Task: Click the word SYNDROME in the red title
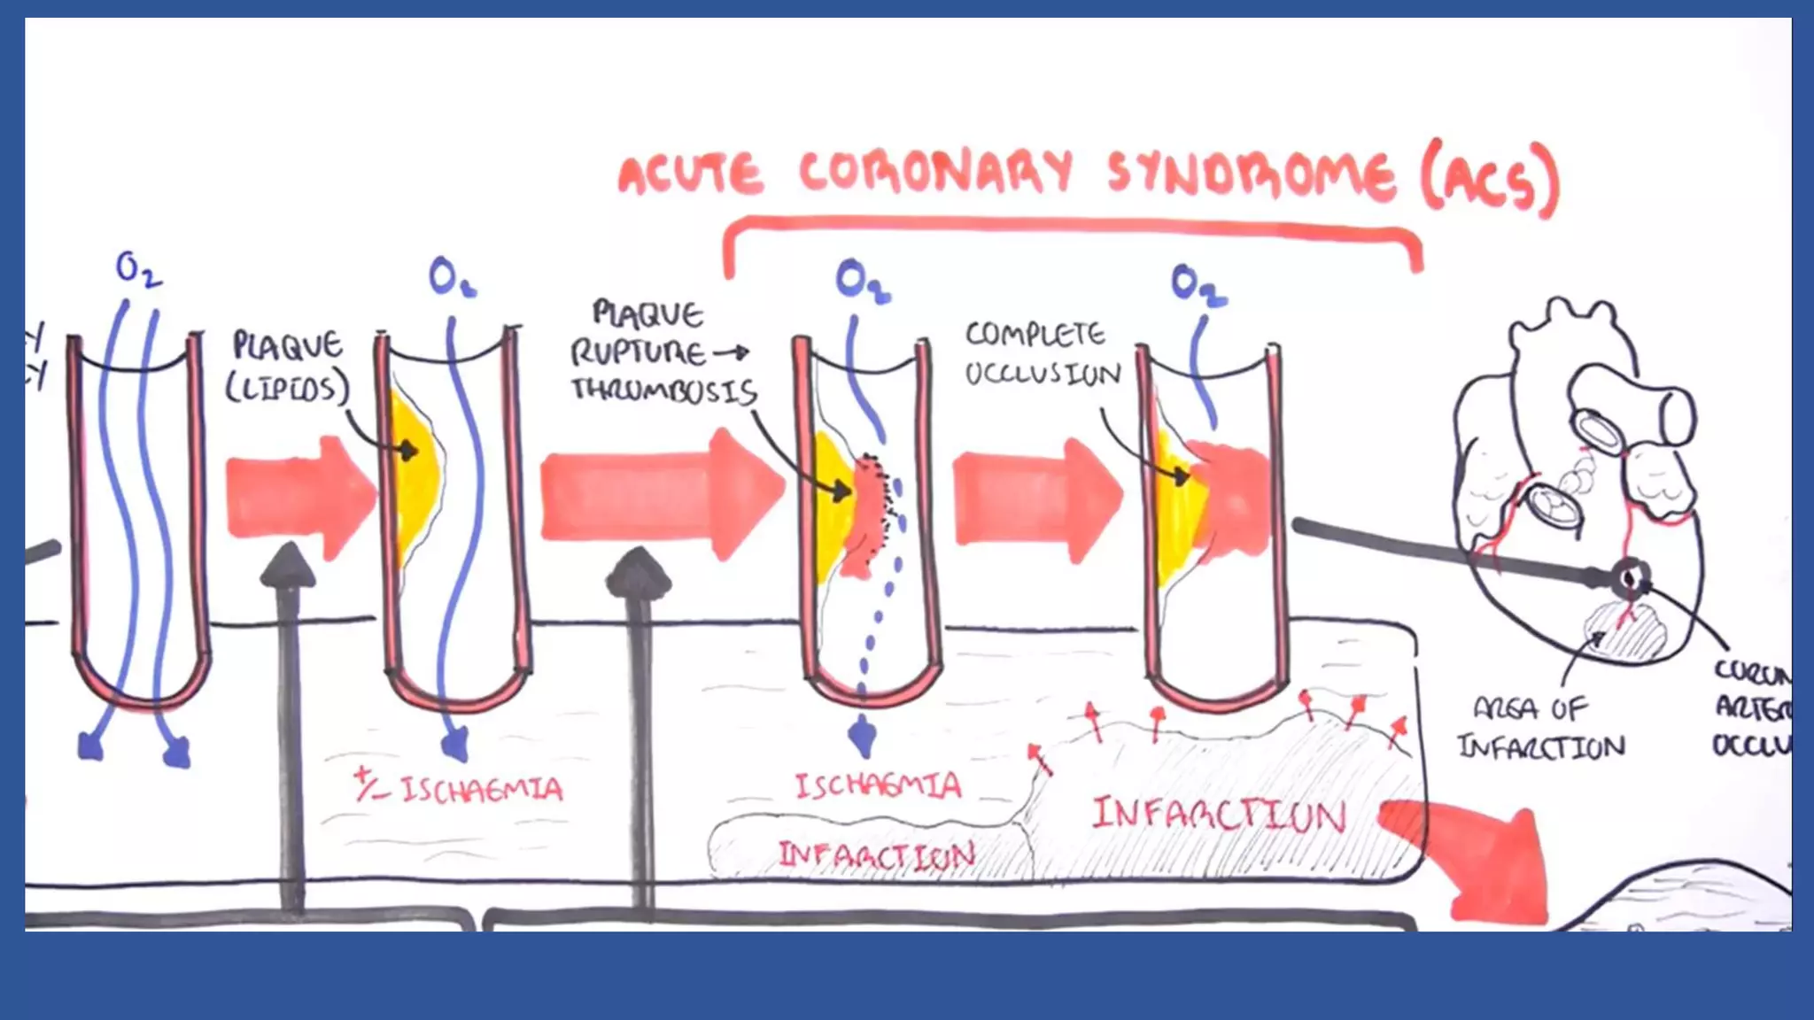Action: click(x=1251, y=174)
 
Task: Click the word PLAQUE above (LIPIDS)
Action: click(x=287, y=345)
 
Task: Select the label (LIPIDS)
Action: click(x=287, y=388)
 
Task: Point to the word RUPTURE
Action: click(x=638, y=353)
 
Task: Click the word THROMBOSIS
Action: click(x=663, y=390)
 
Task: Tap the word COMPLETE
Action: click(x=1035, y=335)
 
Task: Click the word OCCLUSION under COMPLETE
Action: click(x=1043, y=375)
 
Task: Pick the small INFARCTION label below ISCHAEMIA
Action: click(x=875, y=855)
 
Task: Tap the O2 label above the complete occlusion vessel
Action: click(x=1198, y=285)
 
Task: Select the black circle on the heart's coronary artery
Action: click(x=1630, y=579)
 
